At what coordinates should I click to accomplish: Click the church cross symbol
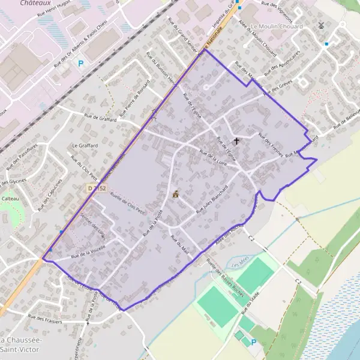click(x=236, y=142)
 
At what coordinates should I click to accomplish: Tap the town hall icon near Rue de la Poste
click(x=176, y=194)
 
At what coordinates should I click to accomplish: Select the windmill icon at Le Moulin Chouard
click(x=320, y=26)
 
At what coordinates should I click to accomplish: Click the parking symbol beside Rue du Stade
click(x=253, y=343)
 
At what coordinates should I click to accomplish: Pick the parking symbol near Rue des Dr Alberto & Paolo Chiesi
click(x=81, y=63)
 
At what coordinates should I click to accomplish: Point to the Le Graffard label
click(x=83, y=145)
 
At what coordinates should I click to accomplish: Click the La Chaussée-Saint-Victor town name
click(x=20, y=344)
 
